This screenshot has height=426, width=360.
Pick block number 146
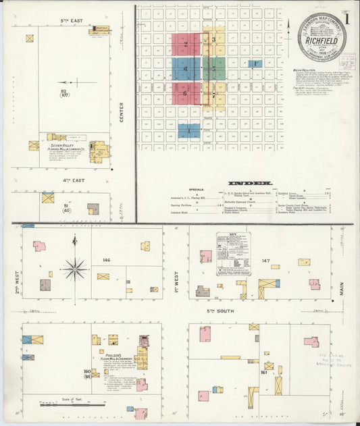point(106,259)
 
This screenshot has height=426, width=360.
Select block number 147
point(265,260)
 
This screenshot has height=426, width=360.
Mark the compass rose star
point(74,269)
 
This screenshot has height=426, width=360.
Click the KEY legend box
point(232,254)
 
